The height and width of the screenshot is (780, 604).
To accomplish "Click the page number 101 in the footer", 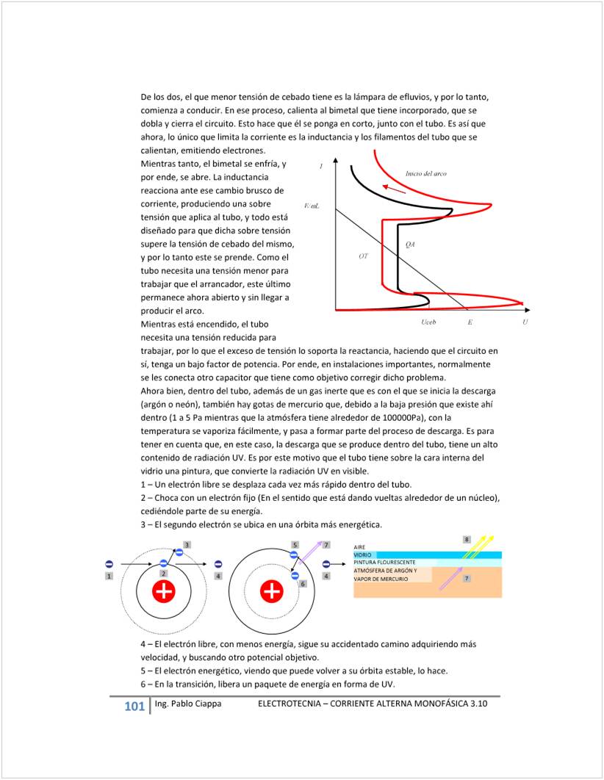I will (134, 706).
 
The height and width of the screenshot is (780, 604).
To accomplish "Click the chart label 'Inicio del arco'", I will (426, 174).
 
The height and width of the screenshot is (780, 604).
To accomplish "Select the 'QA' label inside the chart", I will (411, 245).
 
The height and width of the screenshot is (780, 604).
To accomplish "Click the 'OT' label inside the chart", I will (363, 256).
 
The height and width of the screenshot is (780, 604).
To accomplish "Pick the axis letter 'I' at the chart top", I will (321, 167).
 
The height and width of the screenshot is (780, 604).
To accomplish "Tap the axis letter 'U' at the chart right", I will (525, 322).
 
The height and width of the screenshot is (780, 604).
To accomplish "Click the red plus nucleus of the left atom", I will (163, 591).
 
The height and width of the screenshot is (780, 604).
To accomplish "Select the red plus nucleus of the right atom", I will (272, 591).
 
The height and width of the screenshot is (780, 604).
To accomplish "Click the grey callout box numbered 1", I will (109, 577).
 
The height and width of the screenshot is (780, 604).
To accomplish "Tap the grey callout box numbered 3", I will (187, 544).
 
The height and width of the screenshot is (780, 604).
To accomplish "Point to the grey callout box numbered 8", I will (466, 540).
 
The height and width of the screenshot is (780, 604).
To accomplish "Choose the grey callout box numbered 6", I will (303, 583).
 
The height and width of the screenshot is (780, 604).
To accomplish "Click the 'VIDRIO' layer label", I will (364, 555).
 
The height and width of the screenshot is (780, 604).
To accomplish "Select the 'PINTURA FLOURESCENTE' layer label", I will (384, 563).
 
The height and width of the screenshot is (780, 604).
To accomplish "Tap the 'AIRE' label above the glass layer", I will (359, 547).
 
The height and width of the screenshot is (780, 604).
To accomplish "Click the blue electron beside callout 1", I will (109, 563).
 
